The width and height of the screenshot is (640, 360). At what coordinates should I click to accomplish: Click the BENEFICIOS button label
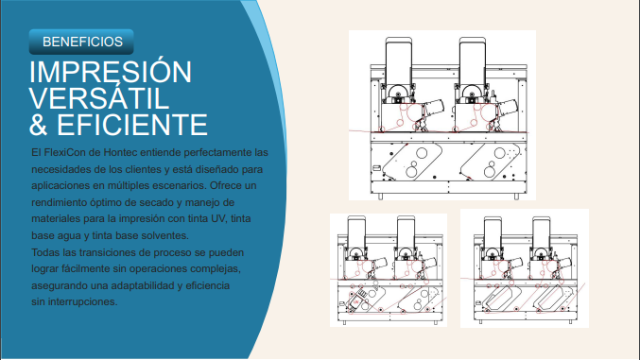pyautogui.click(x=81, y=42)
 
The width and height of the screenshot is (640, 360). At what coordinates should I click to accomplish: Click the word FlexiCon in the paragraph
pyautogui.click(x=69, y=152)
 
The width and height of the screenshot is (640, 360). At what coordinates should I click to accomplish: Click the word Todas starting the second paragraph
pyautogui.click(x=47, y=252)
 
